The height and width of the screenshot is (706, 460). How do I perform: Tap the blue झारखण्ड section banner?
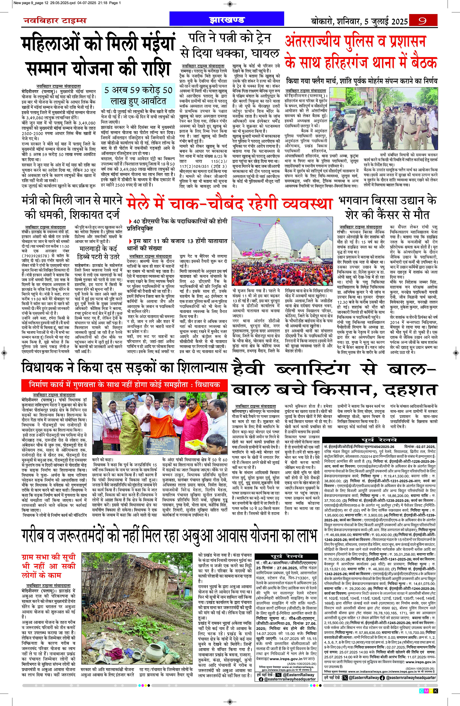tap(227, 20)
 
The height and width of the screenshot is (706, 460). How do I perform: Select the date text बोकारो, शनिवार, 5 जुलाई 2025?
tap(359, 21)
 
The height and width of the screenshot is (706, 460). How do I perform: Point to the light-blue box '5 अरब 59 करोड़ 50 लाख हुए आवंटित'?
tap(138, 96)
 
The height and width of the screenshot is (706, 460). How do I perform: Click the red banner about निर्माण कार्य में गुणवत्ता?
tap(124, 385)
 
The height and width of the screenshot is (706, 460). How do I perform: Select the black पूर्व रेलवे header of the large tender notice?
tap(379, 440)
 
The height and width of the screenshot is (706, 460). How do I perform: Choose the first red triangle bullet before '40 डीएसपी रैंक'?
tap(130, 221)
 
